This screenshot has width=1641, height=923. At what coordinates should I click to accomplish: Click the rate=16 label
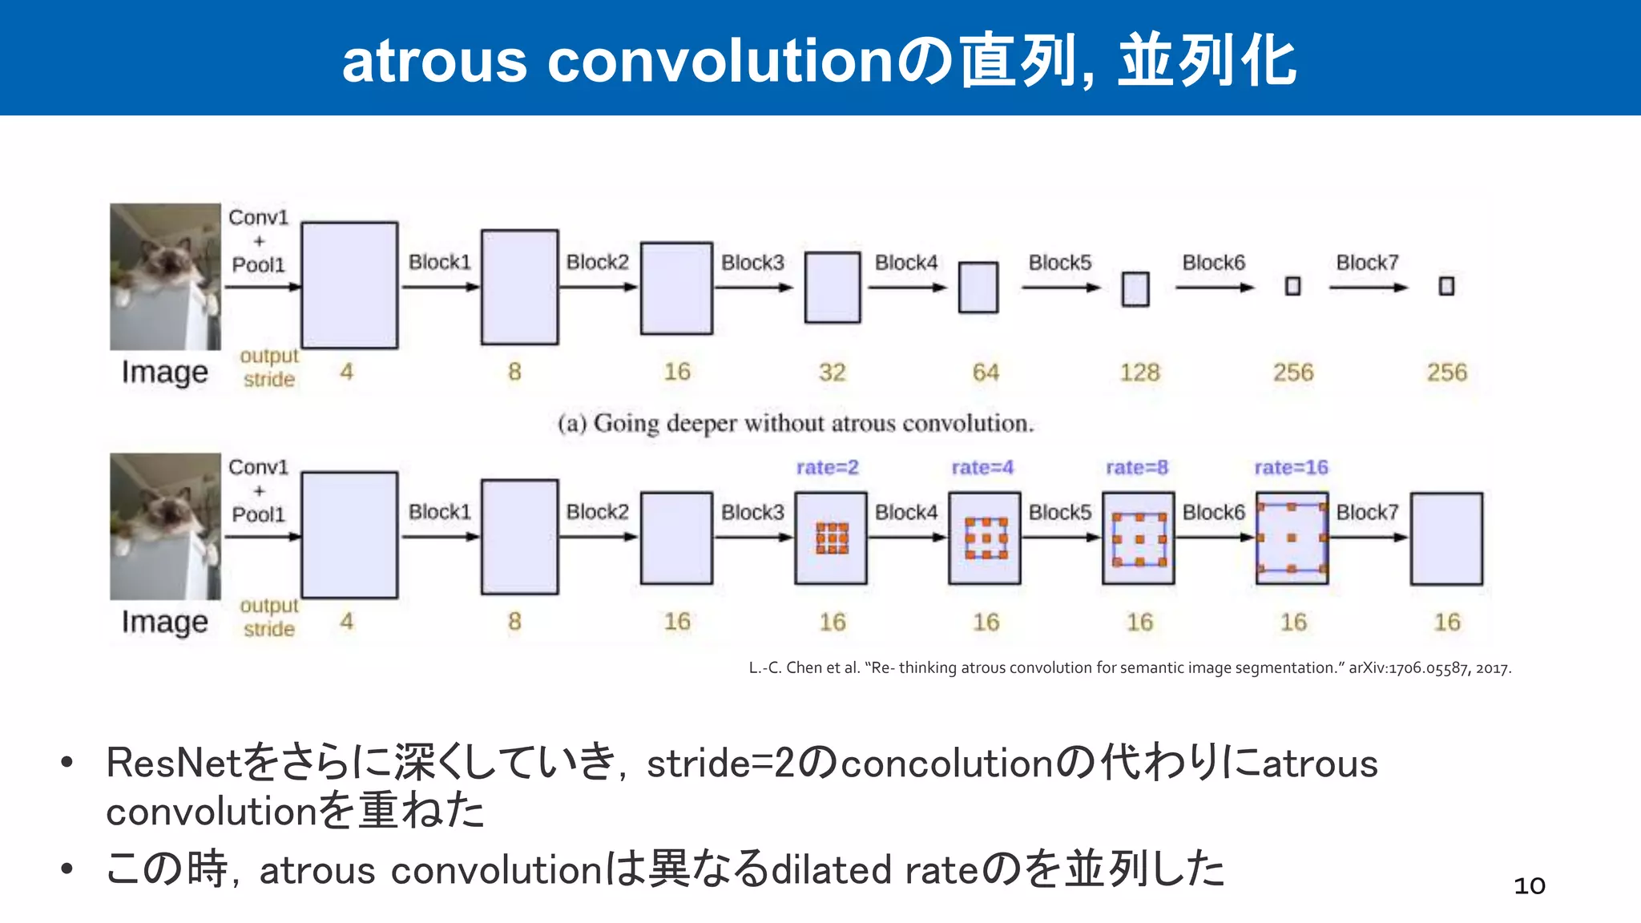(1291, 467)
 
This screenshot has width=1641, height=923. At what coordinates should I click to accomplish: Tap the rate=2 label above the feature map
(827, 467)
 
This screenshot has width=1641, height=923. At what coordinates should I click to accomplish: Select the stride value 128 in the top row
(1139, 373)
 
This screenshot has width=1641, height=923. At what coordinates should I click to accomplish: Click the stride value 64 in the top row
(986, 373)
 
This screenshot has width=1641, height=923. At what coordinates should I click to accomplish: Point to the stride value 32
(832, 373)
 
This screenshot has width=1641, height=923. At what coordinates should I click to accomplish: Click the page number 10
(1529, 886)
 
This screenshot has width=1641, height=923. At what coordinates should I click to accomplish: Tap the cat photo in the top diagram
(165, 276)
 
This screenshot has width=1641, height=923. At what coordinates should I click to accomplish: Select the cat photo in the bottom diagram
(165, 526)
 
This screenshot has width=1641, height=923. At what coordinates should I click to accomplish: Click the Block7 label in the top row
(1367, 263)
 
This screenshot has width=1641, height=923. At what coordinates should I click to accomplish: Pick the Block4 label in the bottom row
(905, 512)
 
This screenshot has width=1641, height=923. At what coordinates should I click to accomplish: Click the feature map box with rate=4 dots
(985, 538)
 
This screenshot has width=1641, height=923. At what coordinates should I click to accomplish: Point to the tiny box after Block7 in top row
(1446, 286)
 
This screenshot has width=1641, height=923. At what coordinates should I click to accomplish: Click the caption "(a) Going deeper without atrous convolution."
(796, 423)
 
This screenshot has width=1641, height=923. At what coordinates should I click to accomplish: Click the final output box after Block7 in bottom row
(1446, 538)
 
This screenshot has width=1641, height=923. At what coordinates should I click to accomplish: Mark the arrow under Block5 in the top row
(1061, 288)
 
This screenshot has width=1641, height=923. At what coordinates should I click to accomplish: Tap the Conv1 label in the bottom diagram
(258, 467)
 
